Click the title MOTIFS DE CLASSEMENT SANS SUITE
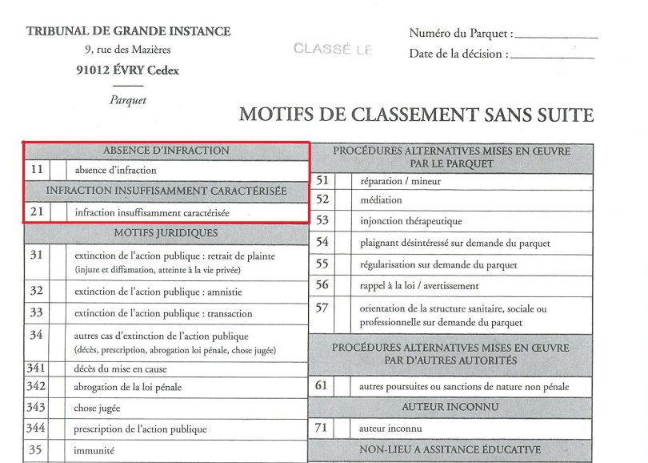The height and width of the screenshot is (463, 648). point(416,116)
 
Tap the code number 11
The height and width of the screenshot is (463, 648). point(37,170)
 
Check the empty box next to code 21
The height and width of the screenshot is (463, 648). point(58,212)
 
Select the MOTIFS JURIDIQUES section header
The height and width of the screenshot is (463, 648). point(166,232)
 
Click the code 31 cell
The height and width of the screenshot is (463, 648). point(37,254)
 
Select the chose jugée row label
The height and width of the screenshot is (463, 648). point(98,409)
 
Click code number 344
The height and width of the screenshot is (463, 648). point(37,429)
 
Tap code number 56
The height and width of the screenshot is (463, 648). point(322,285)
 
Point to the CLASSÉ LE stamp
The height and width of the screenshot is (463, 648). point(334,49)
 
